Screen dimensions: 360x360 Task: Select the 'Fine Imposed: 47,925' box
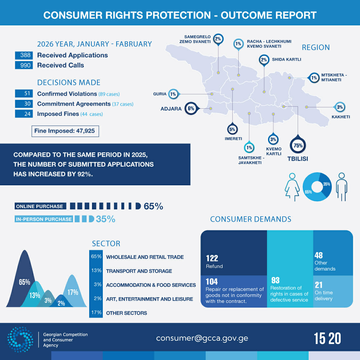click(x=64, y=131)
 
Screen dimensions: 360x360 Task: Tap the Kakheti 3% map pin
click(x=340, y=107)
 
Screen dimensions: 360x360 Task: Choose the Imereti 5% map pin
click(x=232, y=129)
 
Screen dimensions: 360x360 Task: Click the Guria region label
click(x=160, y=94)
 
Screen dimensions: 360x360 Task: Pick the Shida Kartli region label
click(x=286, y=60)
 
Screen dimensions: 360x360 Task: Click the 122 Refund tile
click(x=234, y=253)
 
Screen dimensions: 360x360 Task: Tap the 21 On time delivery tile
click(x=333, y=291)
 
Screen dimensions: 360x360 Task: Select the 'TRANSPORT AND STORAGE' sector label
click(x=139, y=271)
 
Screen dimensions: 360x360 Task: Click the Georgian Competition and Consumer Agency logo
click(x=21, y=339)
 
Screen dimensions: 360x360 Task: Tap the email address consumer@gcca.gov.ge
click(x=202, y=338)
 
